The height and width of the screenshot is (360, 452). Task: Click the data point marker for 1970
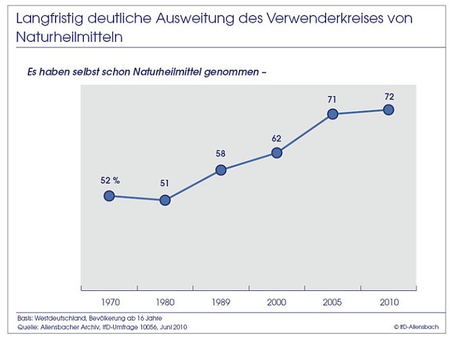(109, 196)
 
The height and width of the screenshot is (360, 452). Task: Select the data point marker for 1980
(164, 200)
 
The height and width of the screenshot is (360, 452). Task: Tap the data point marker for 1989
(221, 170)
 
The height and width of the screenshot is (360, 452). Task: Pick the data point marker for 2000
(276, 152)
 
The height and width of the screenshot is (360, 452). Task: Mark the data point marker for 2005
(332, 114)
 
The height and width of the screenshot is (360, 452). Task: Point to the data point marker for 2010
(388, 109)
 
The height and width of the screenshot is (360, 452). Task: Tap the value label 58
(221, 154)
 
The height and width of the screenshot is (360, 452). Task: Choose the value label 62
(276, 138)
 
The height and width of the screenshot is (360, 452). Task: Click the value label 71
(332, 99)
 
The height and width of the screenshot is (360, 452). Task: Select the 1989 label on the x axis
(221, 301)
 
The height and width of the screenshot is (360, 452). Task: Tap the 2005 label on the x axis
(332, 301)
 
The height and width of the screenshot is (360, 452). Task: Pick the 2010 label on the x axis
(388, 301)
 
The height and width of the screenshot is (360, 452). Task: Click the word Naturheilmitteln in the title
(69, 37)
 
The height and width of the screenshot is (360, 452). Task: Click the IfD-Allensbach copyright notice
(415, 328)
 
